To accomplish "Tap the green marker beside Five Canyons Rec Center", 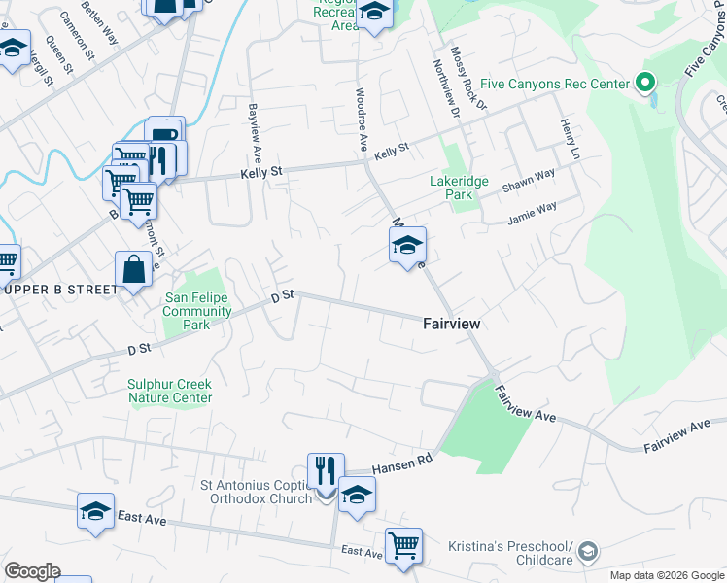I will [x=643, y=84].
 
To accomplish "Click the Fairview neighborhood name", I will [x=452, y=323].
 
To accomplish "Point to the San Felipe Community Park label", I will [x=197, y=311].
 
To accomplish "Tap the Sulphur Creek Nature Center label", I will [x=169, y=391].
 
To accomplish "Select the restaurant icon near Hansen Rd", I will [x=326, y=469].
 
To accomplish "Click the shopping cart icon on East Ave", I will [x=403, y=544].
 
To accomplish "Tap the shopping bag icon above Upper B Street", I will [x=133, y=268].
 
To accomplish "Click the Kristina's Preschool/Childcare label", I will [x=510, y=554].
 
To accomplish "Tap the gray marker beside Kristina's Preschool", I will [x=586, y=553].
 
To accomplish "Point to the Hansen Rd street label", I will [x=401, y=466].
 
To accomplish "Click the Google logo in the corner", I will [x=32, y=571].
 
